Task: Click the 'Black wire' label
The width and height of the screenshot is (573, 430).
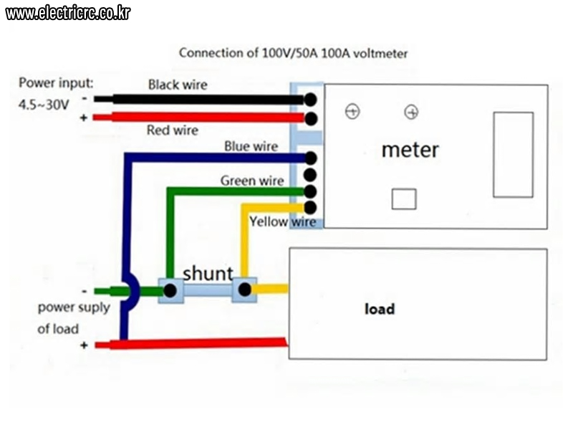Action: (x=178, y=85)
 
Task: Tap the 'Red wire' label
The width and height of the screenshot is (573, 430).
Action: (x=173, y=130)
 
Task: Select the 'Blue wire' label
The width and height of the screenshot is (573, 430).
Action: (x=251, y=146)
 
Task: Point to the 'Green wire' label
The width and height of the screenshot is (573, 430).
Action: (x=252, y=181)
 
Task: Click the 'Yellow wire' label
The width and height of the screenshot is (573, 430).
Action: (x=283, y=221)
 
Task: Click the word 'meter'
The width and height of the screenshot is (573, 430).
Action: (x=410, y=150)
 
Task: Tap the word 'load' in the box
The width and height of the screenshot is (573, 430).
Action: (x=380, y=309)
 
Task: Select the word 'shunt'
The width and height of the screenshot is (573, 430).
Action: (x=208, y=274)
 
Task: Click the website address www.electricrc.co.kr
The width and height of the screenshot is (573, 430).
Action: (x=68, y=14)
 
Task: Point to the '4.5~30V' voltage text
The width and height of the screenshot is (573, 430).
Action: (x=44, y=105)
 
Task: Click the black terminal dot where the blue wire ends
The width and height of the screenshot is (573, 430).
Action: (x=310, y=158)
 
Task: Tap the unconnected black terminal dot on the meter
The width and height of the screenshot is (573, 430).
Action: (x=310, y=175)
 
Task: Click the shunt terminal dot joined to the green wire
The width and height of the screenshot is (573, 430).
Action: (x=170, y=291)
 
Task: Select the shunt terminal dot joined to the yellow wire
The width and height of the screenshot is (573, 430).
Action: (x=244, y=290)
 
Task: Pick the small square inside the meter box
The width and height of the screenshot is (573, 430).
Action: (x=404, y=199)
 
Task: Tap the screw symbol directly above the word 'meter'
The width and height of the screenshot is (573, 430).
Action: (x=411, y=112)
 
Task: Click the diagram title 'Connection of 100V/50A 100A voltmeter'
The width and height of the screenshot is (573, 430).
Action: (x=293, y=53)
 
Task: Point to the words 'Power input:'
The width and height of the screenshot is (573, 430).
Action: (x=56, y=83)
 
